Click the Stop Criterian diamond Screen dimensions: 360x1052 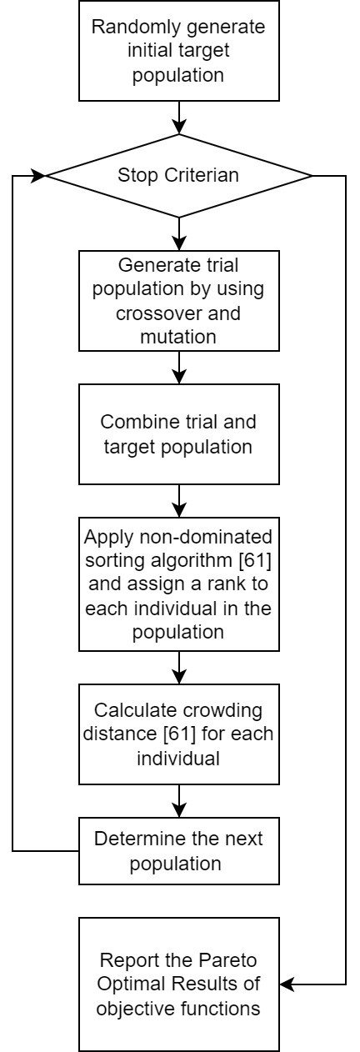(179, 176)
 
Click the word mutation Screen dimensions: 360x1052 (178, 337)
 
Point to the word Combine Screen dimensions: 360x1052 (129, 422)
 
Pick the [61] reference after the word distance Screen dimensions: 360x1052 (179, 734)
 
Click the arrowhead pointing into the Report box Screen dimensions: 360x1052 (287, 984)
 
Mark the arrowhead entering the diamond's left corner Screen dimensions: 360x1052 (38, 176)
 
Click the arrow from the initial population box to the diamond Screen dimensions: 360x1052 (179, 118)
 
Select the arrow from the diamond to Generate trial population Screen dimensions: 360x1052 (179, 234)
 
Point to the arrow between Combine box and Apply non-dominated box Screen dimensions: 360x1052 (179, 501)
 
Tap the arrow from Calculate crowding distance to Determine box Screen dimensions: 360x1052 (179, 801)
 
